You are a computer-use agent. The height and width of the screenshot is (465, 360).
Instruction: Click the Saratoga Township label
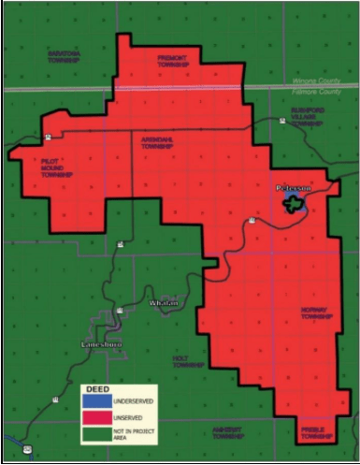click(x=65, y=56)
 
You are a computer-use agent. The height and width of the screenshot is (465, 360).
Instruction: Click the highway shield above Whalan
click(x=120, y=245)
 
